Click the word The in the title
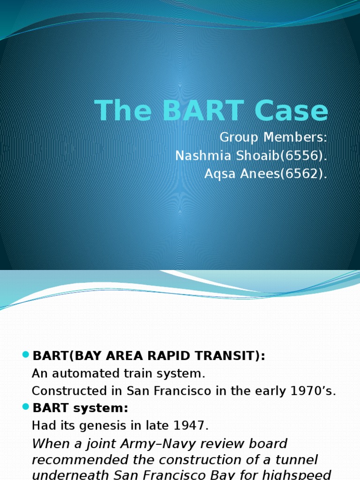(123, 112)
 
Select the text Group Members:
(273, 138)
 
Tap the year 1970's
(315, 391)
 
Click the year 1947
(191, 426)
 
